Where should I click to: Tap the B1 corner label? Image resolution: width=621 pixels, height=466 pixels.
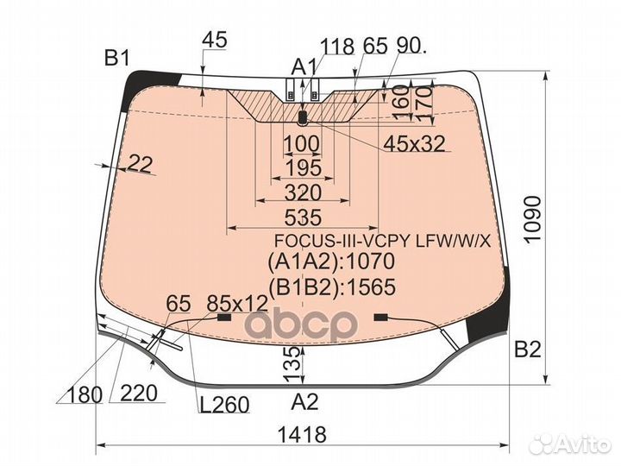pos(116,59)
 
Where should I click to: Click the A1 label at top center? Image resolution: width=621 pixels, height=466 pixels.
pos(303,66)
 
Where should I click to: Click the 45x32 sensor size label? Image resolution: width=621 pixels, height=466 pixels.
pos(414,143)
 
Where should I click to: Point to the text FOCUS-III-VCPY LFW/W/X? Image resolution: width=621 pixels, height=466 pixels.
pos(382,241)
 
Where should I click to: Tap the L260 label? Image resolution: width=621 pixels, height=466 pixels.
pos(223,405)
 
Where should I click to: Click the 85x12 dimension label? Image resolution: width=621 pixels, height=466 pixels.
pos(237,304)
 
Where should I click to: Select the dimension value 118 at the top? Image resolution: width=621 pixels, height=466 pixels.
pos(337,47)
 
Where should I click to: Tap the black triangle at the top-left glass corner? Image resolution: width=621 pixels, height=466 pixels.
pos(138,83)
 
